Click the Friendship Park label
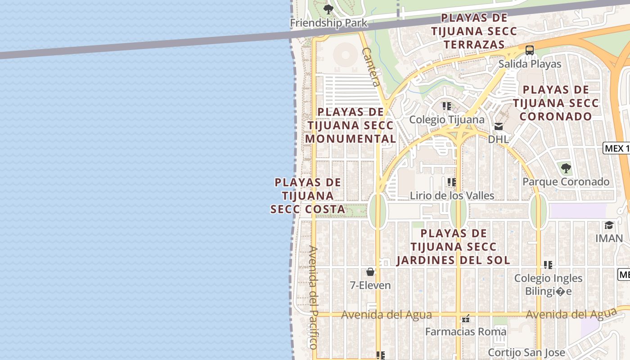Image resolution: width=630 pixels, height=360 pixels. click(x=328, y=23)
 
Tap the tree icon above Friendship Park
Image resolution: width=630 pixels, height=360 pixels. click(x=328, y=9)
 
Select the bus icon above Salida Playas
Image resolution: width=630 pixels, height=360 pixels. click(x=530, y=50)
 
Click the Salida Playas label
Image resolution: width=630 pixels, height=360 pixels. click(x=530, y=64)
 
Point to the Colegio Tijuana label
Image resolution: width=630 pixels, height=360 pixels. click(x=446, y=120)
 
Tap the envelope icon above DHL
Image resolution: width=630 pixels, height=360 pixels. click(x=499, y=126)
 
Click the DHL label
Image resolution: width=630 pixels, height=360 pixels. click(x=499, y=139)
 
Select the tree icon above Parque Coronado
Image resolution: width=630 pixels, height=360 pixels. click(x=566, y=169)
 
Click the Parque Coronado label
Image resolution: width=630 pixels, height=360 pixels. click(x=566, y=182)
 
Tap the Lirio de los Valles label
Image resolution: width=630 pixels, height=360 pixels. click(x=452, y=196)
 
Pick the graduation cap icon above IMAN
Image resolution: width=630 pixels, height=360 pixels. click(x=609, y=225)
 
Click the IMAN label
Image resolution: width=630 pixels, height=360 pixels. click(x=609, y=238)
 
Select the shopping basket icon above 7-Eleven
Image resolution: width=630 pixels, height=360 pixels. click(x=370, y=272)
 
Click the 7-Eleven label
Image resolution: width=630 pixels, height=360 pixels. click(x=370, y=285)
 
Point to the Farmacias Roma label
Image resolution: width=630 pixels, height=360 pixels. click(x=466, y=332)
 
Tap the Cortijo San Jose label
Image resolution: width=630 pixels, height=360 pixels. click(x=520, y=352)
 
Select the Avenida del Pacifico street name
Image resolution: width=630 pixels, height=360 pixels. click(x=313, y=297)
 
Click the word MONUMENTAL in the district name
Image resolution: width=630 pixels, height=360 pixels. click(x=351, y=139)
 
